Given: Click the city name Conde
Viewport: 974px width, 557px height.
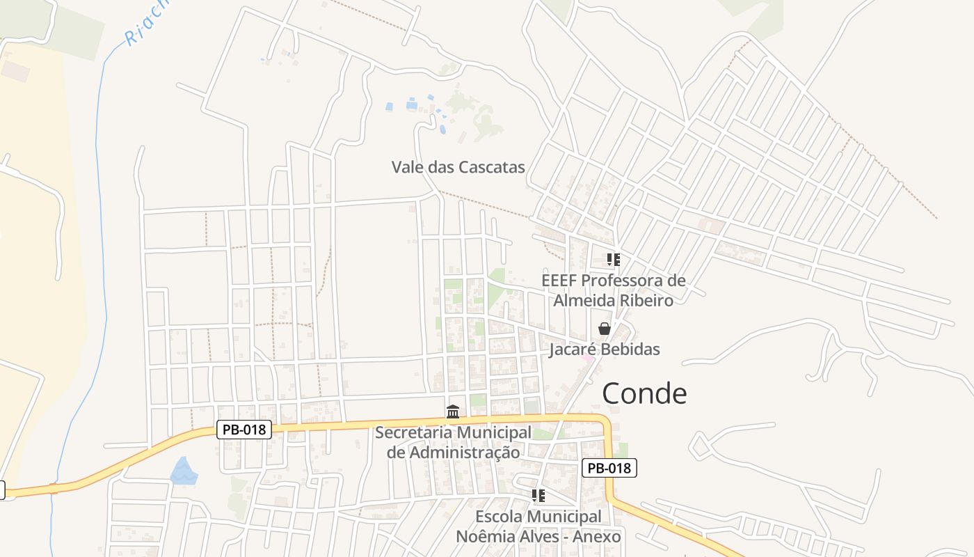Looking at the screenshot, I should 644,394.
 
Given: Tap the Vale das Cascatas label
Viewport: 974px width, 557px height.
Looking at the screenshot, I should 458,167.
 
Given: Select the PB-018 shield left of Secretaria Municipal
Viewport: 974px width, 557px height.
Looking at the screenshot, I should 244,430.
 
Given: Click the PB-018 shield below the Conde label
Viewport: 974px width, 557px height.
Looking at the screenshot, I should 609,468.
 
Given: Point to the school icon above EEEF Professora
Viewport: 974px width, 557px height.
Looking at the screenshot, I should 613,260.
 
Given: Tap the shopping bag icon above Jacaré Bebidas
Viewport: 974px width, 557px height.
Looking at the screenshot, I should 605,329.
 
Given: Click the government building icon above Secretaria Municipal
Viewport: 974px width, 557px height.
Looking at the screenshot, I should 453,412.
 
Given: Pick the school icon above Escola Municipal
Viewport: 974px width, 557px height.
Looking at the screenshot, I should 538,496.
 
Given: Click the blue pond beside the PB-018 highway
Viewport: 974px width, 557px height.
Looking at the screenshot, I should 184,471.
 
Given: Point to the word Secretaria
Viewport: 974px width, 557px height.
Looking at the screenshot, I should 414,432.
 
